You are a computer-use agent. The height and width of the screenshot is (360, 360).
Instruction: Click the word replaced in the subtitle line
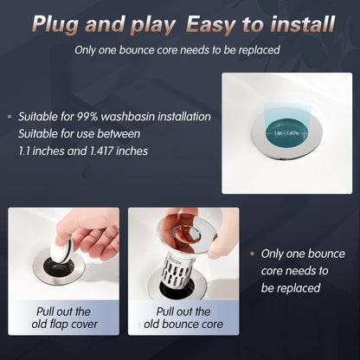[256, 49]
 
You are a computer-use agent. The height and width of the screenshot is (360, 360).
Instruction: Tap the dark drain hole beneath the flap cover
[59, 268]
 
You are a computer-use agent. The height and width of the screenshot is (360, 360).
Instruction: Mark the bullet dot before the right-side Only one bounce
[254, 254]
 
